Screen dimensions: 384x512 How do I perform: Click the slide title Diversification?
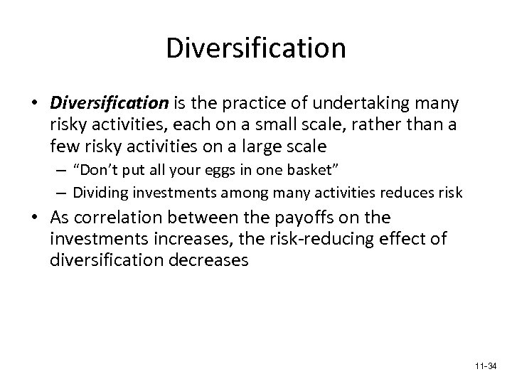(x=255, y=48)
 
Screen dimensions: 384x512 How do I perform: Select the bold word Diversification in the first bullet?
(x=109, y=104)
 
